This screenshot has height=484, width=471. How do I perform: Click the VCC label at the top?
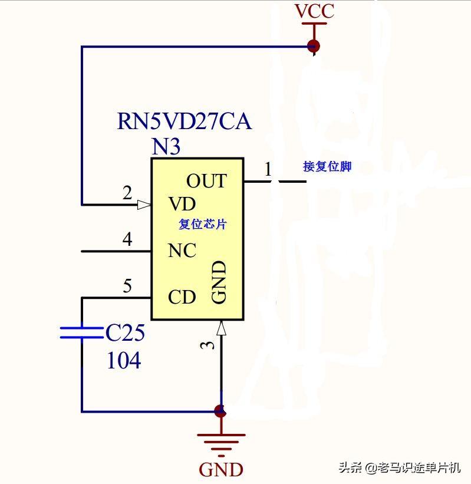point(314,11)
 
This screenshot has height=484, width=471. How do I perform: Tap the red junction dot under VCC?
point(314,46)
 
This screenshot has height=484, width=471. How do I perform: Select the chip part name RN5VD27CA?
point(185,122)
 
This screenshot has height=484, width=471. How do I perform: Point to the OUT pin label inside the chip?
point(206,181)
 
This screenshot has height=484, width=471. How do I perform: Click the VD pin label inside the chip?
point(182,205)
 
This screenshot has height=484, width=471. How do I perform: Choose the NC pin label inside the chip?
point(182,251)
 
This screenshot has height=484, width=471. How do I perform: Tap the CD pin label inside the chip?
point(182,297)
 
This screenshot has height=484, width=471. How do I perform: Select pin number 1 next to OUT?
point(268,170)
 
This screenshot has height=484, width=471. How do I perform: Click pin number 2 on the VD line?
point(127,193)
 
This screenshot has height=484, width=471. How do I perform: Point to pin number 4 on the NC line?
point(127,240)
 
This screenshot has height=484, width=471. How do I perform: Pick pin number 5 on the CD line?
point(127,287)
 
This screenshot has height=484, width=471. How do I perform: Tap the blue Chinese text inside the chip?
point(202,225)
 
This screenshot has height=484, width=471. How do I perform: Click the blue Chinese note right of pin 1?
point(327,167)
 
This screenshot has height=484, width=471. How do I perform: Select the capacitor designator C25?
point(125,334)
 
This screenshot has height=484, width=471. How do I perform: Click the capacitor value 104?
point(124,361)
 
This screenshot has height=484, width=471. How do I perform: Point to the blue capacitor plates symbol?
point(82,333)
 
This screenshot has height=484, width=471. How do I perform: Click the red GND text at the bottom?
point(221,470)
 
